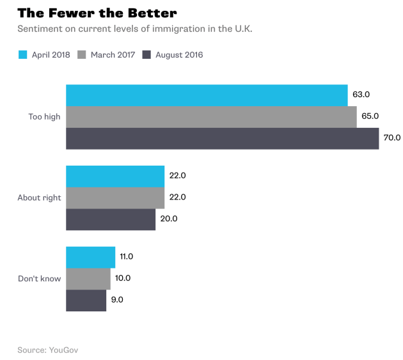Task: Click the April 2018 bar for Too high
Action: click(x=207, y=95)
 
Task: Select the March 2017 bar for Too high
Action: click(x=211, y=116)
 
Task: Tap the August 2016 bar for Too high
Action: click(x=223, y=138)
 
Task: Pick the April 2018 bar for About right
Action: click(x=115, y=176)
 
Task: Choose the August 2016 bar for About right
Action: click(x=111, y=219)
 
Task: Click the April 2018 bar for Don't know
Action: click(x=91, y=257)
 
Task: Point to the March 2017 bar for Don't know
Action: click(x=88, y=279)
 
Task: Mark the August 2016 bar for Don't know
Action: click(x=86, y=301)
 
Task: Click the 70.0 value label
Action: click(x=392, y=137)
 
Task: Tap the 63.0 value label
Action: click(x=361, y=95)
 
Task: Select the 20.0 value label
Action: click(x=168, y=219)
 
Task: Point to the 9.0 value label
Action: click(x=117, y=300)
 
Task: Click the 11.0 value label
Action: click(x=126, y=256)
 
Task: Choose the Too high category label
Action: click(x=44, y=116)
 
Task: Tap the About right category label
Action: click(x=39, y=198)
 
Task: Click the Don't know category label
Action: click(x=39, y=279)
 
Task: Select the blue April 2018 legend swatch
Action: click(x=22, y=55)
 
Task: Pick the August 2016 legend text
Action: click(x=178, y=55)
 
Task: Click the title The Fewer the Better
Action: click(x=97, y=13)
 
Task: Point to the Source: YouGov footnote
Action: click(x=48, y=350)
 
